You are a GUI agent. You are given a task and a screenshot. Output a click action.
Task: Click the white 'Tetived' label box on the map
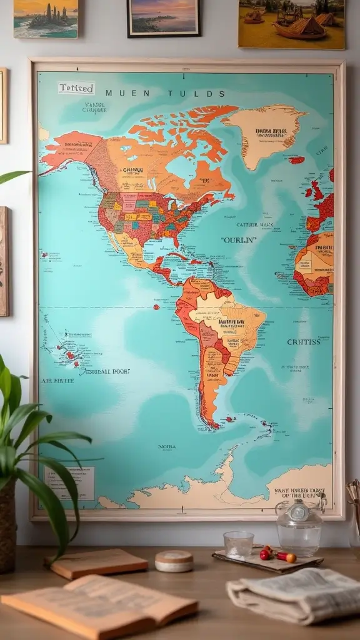(x=76, y=88)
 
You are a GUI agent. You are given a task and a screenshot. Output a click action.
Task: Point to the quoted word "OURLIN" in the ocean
(x=239, y=239)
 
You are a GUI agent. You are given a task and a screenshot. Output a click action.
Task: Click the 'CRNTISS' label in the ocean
(x=304, y=342)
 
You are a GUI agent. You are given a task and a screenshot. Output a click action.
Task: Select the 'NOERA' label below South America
(x=166, y=447)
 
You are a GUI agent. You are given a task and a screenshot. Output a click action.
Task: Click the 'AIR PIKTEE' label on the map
(x=57, y=380)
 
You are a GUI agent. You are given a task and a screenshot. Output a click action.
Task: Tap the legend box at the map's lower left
(x=69, y=482)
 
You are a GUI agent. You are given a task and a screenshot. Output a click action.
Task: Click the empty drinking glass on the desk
(x=238, y=544)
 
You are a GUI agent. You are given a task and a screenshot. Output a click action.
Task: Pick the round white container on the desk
(x=174, y=561)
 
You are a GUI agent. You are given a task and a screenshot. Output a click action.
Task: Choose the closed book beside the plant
(x=97, y=563)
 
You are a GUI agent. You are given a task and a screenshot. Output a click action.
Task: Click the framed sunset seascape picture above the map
(x=164, y=17)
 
